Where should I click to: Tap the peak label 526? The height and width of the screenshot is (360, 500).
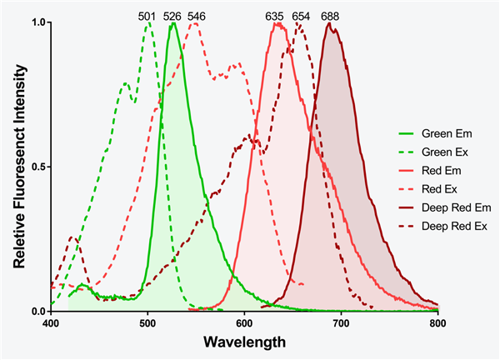(x=172, y=14)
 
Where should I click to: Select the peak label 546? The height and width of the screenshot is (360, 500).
(x=197, y=14)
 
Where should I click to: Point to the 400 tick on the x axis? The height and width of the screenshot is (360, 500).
(x=51, y=322)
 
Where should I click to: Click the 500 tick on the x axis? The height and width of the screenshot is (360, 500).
(x=147, y=322)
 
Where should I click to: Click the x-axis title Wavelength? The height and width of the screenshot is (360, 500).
(x=244, y=342)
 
